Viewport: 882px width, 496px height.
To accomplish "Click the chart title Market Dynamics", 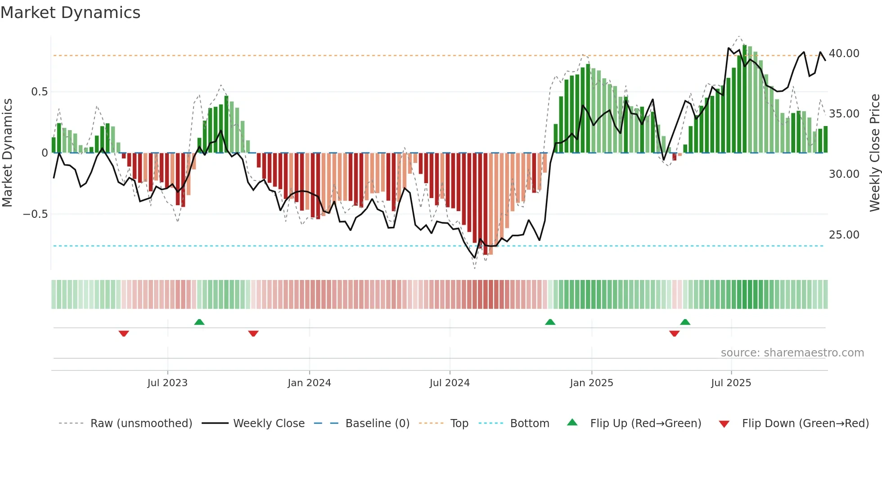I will [70, 13].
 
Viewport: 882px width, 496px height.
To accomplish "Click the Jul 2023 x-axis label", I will [167, 383].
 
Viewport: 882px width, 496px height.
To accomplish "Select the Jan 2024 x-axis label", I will [309, 383].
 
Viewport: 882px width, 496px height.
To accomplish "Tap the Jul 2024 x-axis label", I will [450, 383].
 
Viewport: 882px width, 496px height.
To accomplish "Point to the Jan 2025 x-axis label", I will [591, 383].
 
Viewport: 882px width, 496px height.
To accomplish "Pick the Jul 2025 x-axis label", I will [731, 383].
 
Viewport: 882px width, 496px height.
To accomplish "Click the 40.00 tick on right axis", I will [844, 54].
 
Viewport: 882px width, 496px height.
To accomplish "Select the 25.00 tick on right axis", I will [844, 235].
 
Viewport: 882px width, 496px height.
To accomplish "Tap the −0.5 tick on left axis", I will [35, 214].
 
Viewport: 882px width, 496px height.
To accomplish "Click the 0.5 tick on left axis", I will [39, 92].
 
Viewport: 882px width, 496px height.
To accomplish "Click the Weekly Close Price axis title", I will [874, 153].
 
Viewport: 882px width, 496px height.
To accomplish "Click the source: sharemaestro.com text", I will [792, 353].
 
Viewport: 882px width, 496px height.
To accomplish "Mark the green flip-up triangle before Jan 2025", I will [550, 322].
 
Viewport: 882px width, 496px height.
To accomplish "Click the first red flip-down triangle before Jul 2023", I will [124, 333].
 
